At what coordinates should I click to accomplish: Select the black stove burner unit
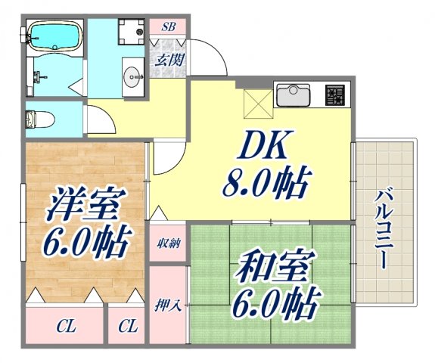334,95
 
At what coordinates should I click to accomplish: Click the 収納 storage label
169,243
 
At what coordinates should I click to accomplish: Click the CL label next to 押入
127,327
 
